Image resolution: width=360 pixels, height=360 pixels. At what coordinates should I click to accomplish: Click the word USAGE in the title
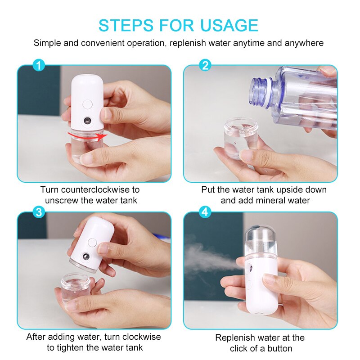[x=227, y=25]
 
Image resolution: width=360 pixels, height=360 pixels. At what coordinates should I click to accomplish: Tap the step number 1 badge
[x=39, y=66]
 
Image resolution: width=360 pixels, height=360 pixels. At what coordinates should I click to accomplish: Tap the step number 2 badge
[x=205, y=66]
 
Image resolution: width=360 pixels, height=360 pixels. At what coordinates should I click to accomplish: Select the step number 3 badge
[x=39, y=212]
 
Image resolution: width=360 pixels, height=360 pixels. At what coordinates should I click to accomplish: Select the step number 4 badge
[x=205, y=212]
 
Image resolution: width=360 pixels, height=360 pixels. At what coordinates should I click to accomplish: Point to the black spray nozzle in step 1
[x=86, y=121]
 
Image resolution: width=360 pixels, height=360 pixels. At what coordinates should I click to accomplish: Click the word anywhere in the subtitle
[x=303, y=43]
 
